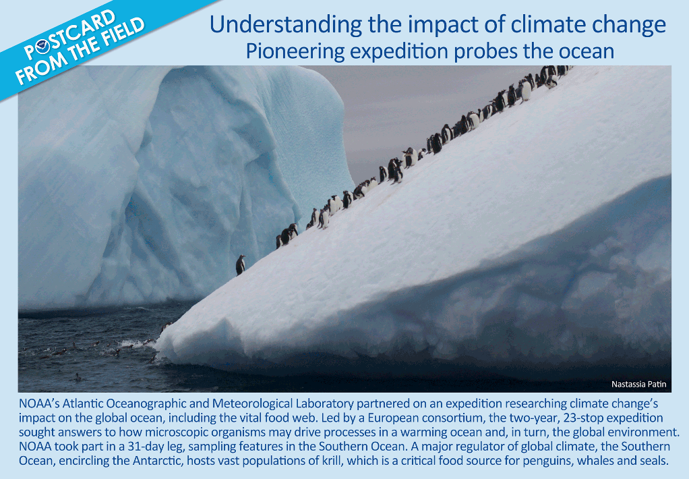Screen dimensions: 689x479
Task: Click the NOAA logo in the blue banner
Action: coord(43,45)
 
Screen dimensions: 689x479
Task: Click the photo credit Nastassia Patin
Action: coord(638,384)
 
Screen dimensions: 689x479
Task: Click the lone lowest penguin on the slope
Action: coord(241,265)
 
